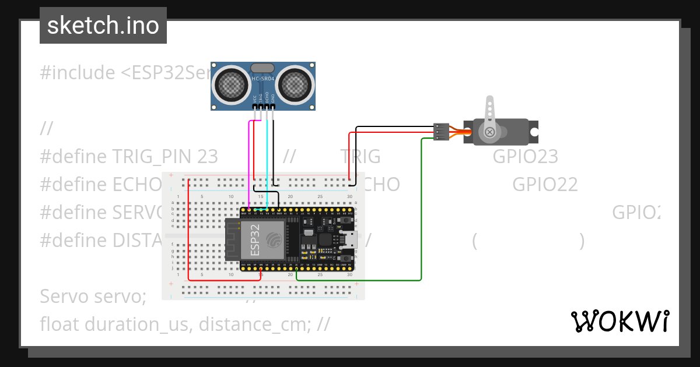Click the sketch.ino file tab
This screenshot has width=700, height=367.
pos(103,26)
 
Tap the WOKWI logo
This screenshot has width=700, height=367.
pos(619,321)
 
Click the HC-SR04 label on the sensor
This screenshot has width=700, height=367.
pos(264,79)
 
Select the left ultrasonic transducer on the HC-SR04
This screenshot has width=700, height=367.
pos(232,85)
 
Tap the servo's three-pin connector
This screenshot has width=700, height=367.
pos(442,132)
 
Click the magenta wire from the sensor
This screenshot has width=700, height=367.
pos(250,163)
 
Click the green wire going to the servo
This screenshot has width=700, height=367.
pos(421,210)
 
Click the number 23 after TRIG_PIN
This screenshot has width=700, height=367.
pos(207,157)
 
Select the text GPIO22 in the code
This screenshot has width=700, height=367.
pos(545,185)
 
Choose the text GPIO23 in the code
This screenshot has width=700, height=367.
pos(525,157)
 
